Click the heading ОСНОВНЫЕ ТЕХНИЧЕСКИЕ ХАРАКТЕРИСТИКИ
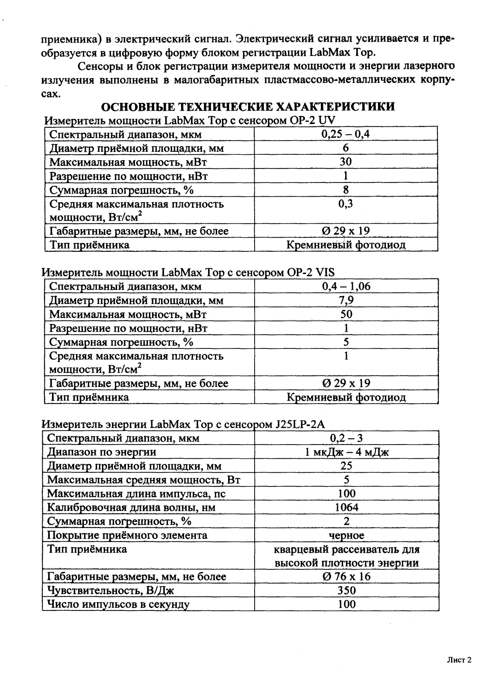(247, 107)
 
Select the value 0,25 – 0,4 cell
(346, 134)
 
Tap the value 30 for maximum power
(346, 162)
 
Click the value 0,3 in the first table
(346, 203)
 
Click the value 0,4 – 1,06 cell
(346, 286)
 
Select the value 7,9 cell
(346, 301)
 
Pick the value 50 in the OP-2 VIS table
(346, 314)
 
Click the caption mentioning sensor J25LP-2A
(184, 425)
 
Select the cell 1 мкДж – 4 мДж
(346, 452)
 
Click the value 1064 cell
(346, 507)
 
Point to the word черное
(346, 535)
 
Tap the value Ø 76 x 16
(346, 577)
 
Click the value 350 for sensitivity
(346, 590)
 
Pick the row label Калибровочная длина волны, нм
(131, 507)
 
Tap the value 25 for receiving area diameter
(346, 466)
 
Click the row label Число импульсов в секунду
(118, 604)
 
